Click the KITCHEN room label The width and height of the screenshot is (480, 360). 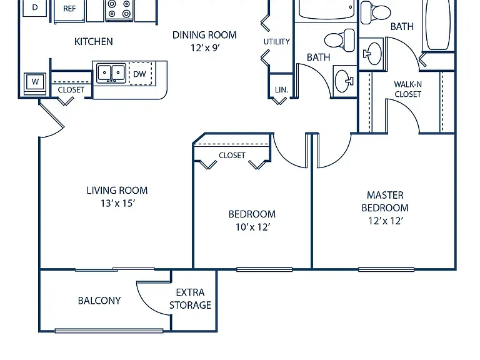click(93, 41)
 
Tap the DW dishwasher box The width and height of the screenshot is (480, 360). click(140, 74)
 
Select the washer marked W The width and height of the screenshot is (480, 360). click(35, 82)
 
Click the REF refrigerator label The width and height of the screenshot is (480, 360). click(69, 9)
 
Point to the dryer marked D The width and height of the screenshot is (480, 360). click(35, 7)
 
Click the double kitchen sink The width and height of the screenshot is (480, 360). click(111, 73)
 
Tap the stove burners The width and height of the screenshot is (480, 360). click(119, 9)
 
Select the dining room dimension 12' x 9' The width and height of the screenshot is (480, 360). click(205, 47)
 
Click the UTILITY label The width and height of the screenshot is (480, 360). click(277, 41)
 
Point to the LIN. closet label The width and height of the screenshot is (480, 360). click(281, 90)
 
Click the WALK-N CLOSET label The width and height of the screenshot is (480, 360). click(407, 89)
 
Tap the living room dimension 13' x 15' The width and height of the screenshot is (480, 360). click(118, 203)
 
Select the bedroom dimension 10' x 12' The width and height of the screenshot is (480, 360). click(252, 227)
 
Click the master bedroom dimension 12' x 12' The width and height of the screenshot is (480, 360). click(386, 221)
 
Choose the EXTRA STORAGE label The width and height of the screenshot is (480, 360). click(190, 299)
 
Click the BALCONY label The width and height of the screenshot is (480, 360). click(99, 301)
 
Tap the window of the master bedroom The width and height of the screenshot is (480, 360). click(386, 269)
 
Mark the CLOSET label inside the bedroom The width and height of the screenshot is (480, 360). click(232, 156)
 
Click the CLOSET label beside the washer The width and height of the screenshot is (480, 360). click(71, 90)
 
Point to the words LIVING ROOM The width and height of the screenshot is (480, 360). click(117, 191)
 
